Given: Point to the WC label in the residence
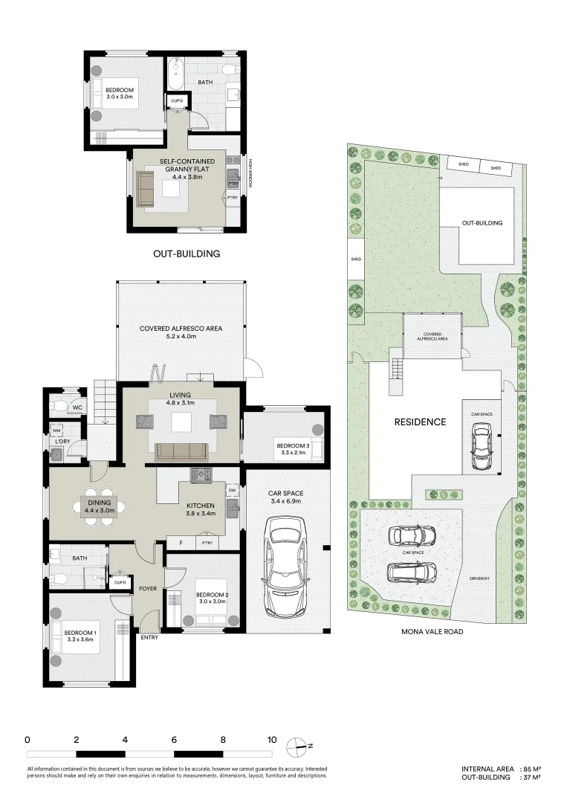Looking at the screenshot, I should click(x=77, y=408).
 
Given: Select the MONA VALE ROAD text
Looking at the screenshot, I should click(x=432, y=631).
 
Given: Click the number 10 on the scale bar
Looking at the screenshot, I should click(x=271, y=741).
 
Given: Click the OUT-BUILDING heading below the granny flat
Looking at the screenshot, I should click(x=187, y=254).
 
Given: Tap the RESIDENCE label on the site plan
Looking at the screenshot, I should click(x=420, y=422).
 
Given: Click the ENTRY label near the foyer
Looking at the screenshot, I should click(x=150, y=637).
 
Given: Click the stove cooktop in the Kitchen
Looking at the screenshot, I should click(x=201, y=473).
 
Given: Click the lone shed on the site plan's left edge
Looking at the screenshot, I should click(x=355, y=259).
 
